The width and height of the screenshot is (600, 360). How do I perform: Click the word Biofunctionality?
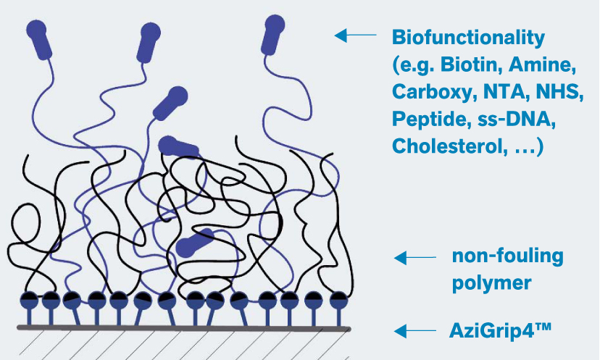pos(467,37)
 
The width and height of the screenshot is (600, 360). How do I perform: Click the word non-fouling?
pos(507,256)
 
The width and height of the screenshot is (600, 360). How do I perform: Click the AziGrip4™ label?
pos(501,331)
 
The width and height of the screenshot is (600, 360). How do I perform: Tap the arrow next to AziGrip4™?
pos(414,331)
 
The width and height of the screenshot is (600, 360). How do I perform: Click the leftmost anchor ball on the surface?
pos(29,299)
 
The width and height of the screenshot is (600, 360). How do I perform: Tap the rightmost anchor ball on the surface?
pos(337,298)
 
